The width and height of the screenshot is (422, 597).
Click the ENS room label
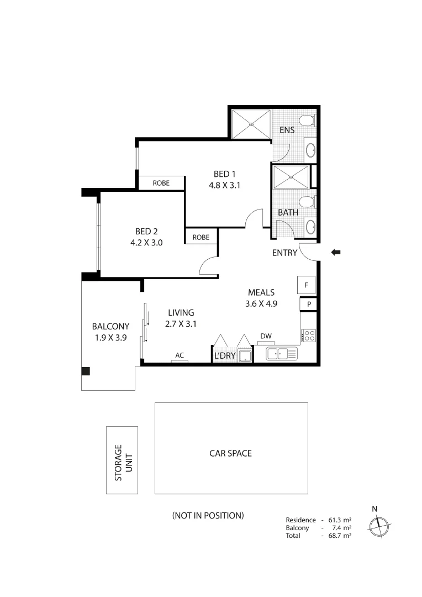tap(287, 130)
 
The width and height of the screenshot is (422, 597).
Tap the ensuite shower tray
tap(251, 124)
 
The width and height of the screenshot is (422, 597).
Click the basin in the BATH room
tap(310, 226)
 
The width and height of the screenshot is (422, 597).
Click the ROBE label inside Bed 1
tap(161, 183)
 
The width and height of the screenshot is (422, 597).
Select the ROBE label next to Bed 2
tap(201, 237)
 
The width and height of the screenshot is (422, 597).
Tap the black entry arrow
tap(336, 253)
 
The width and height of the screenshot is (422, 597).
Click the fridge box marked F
tap(306, 286)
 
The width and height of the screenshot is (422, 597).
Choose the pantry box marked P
tap(309, 304)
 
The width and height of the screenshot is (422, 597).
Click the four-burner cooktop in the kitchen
tap(308, 335)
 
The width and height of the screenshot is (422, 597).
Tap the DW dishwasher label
tap(266, 336)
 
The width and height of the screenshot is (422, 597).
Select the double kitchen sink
tap(282, 354)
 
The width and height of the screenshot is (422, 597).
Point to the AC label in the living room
tap(179, 355)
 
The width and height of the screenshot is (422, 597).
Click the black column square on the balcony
tap(86, 371)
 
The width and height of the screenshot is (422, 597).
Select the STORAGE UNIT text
tap(122, 460)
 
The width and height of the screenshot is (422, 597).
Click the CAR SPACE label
tap(230, 453)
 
